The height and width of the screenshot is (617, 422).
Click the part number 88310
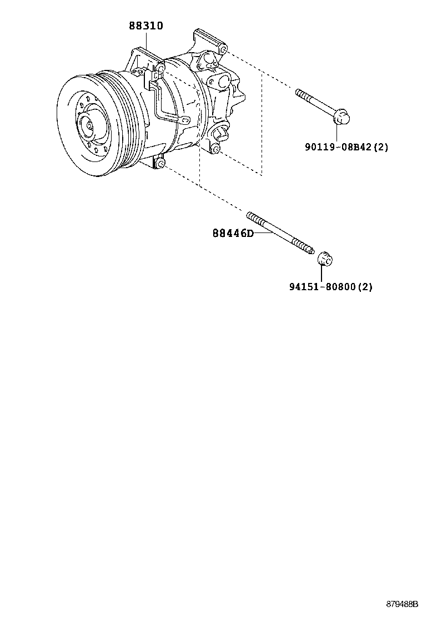[x=146, y=26]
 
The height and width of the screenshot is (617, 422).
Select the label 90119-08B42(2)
[x=346, y=147]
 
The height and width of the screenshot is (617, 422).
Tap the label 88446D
[x=232, y=234]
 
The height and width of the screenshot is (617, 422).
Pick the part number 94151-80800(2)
[x=330, y=287]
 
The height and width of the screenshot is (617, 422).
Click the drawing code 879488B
[x=402, y=604]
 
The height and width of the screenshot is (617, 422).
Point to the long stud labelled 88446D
[x=280, y=232]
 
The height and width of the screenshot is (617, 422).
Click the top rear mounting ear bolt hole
[x=222, y=50]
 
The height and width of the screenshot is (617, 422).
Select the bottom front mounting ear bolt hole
[x=160, y=164]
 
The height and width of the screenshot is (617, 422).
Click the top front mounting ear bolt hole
[x=160, y=68]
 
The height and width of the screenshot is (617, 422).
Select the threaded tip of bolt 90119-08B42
[x=300, y=93]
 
